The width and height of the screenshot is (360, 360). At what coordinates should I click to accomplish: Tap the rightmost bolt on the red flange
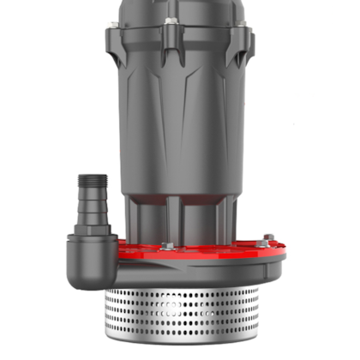(x=268, y=238)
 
